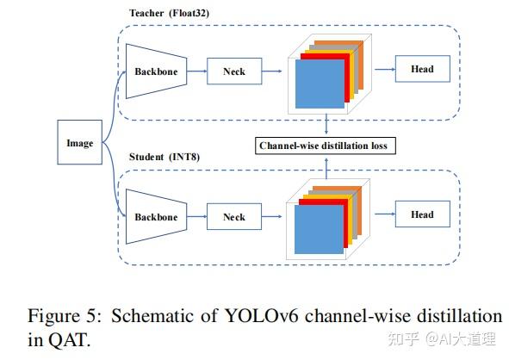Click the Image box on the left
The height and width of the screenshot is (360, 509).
click(79, 144)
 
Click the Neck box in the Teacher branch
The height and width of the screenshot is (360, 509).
click(233, 71)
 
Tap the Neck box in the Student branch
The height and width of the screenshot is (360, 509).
click(233, 217)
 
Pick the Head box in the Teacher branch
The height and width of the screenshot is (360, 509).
click(421, 69)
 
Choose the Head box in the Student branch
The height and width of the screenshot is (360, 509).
click(421, 214)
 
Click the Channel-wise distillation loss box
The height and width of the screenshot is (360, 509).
click(326, 146)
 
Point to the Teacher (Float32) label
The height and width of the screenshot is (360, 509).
click(169, 12)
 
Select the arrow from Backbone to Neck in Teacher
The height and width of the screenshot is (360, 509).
click(194, 71)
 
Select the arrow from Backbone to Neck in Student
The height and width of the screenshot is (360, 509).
click(194, 217)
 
